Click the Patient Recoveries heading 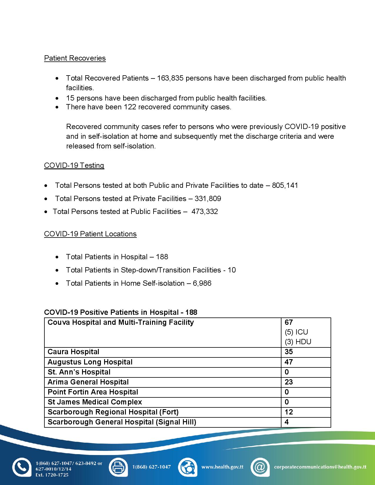click(x=75, y=58)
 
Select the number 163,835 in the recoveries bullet click(x=170, y=78)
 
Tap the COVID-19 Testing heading click(x=74, y=165)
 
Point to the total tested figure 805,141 click(x=285, y=185)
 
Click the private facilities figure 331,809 click(x=208, y=199)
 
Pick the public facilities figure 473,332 click(x=204, y=212)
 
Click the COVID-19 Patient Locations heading click(x=90, y=234)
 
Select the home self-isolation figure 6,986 click(x=202, y=283)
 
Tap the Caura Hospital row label click(x=74, y=352)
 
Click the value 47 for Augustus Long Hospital click(x=289, y=362)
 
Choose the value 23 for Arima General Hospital click(x=289, y=382)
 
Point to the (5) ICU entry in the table click(x=296, y=332)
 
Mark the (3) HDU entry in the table click(x=298, y=342)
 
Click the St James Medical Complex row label click(x=95, y=402)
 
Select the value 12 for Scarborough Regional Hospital click(x=289, y=412)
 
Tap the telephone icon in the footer click(x=21, y=467)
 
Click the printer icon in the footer click(x=118, y=467)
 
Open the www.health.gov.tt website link click(x=222, y=467)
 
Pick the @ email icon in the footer click(x=260, y=467)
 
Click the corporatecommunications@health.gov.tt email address click(x=320, y=467)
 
